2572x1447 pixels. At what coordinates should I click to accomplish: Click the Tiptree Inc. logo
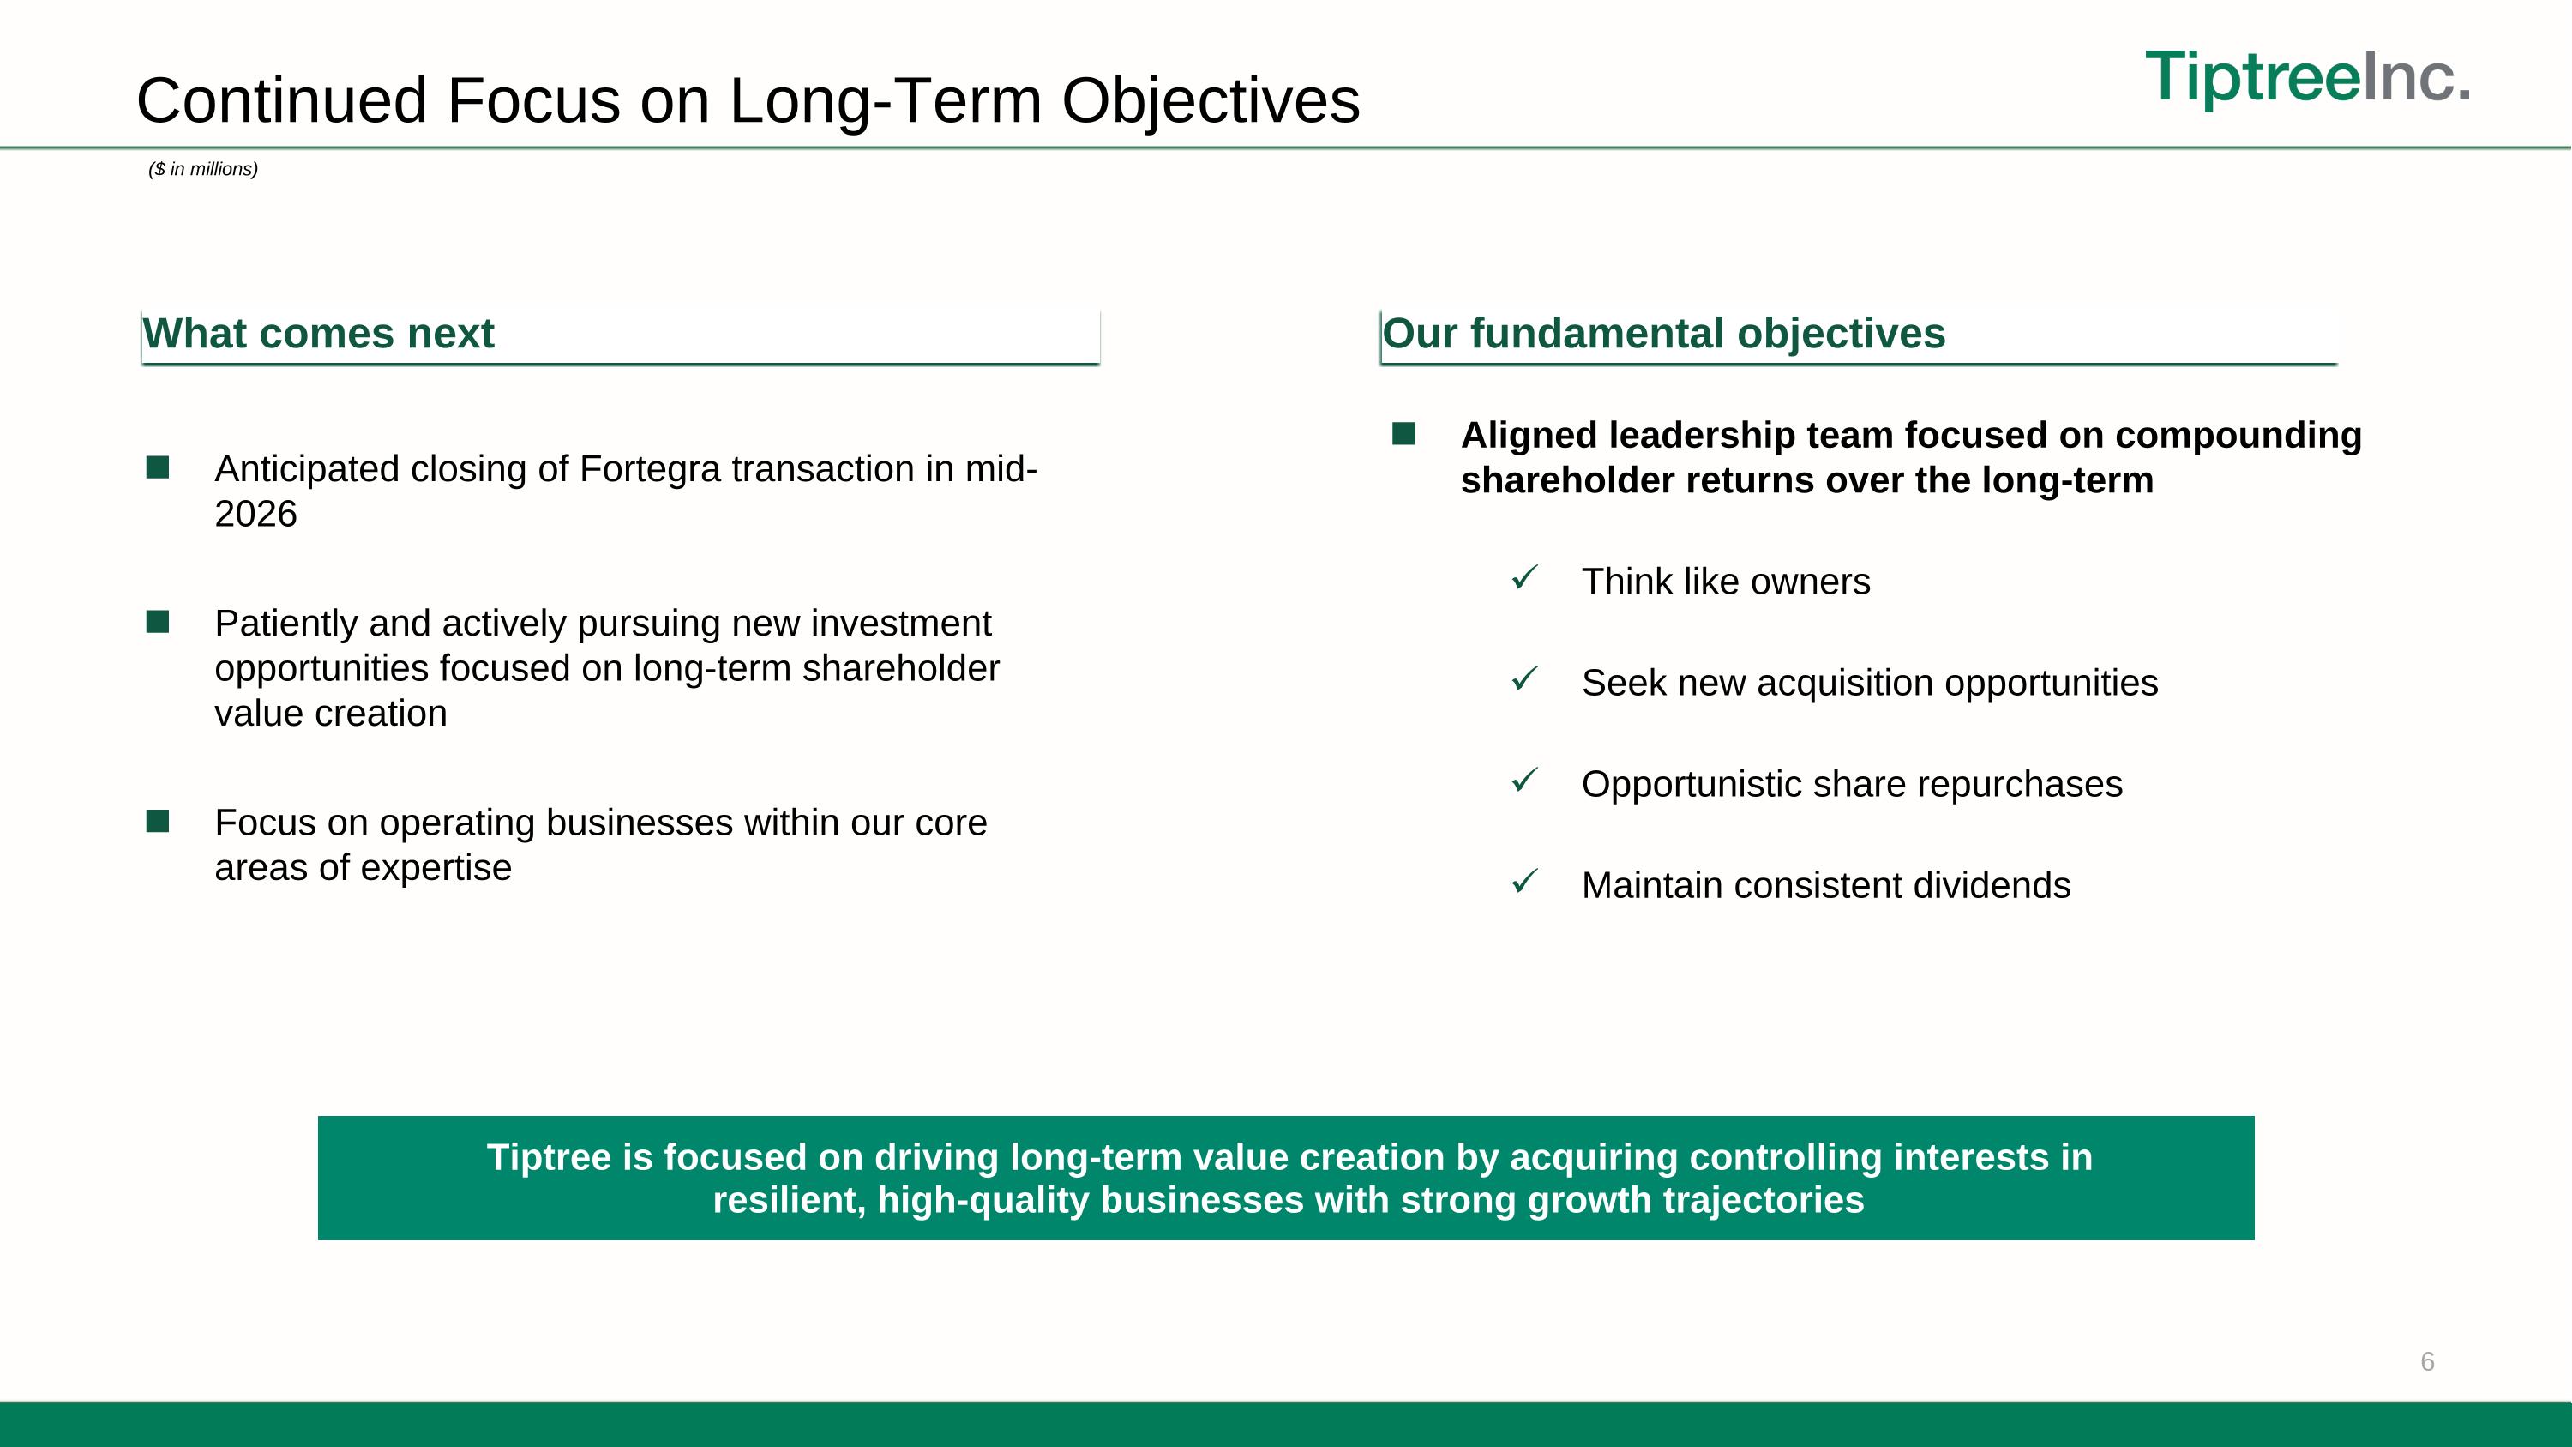(2307, 77)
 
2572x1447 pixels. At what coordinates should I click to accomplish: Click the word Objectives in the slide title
(1210, 101)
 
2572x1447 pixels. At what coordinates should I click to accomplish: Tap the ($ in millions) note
(202, 170)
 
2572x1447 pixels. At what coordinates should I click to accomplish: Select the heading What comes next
(319, 334)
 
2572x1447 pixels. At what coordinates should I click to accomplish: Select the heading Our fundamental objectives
(1663, 334)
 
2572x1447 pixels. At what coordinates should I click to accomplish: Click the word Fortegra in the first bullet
(649, 469)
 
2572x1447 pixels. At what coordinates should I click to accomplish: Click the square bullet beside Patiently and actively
(158, 622)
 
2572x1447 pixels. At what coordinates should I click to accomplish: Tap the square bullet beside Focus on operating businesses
(158, 822)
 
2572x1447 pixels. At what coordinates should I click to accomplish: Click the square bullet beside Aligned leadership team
(1403, 434)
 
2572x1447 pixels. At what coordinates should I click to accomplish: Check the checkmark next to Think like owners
(1524, 577)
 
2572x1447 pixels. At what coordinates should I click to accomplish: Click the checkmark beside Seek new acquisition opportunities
(1524, 679)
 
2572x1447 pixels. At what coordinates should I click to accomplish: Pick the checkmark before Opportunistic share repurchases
(1524, 780)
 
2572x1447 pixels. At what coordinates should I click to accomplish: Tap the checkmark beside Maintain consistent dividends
(1524, 882)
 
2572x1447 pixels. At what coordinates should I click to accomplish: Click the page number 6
(2427, 1362)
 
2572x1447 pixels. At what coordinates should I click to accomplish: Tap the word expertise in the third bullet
(436, 868)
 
